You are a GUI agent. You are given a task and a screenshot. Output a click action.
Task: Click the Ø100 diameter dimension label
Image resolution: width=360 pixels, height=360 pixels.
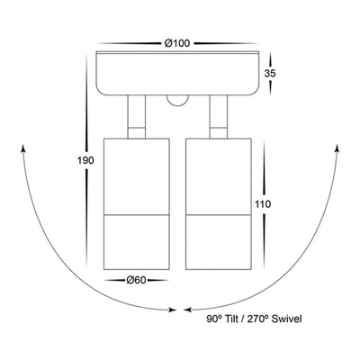tap(177, 43)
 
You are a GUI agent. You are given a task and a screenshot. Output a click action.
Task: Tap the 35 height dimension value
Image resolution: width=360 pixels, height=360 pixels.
tap(270, 74)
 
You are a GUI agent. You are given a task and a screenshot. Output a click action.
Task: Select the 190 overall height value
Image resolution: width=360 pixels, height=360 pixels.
tap(85, 160)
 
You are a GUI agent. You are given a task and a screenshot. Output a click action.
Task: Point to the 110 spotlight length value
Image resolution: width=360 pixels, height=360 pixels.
tap(263, 204)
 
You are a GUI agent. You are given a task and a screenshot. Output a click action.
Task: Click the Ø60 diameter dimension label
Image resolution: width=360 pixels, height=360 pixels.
tap(136, 281)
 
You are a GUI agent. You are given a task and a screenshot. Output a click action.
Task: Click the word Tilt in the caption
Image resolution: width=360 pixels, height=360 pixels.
tap(230, 319)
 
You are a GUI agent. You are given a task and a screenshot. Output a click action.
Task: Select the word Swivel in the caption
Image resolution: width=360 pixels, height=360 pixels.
tap(286, 319)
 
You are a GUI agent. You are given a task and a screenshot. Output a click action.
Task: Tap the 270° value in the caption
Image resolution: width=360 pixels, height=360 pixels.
tap(256, 319)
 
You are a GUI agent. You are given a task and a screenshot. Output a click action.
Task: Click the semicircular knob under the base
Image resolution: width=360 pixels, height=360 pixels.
tap(178, 101)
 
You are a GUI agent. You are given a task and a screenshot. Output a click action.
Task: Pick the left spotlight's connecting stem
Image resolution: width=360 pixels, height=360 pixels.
tap(137, 117)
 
